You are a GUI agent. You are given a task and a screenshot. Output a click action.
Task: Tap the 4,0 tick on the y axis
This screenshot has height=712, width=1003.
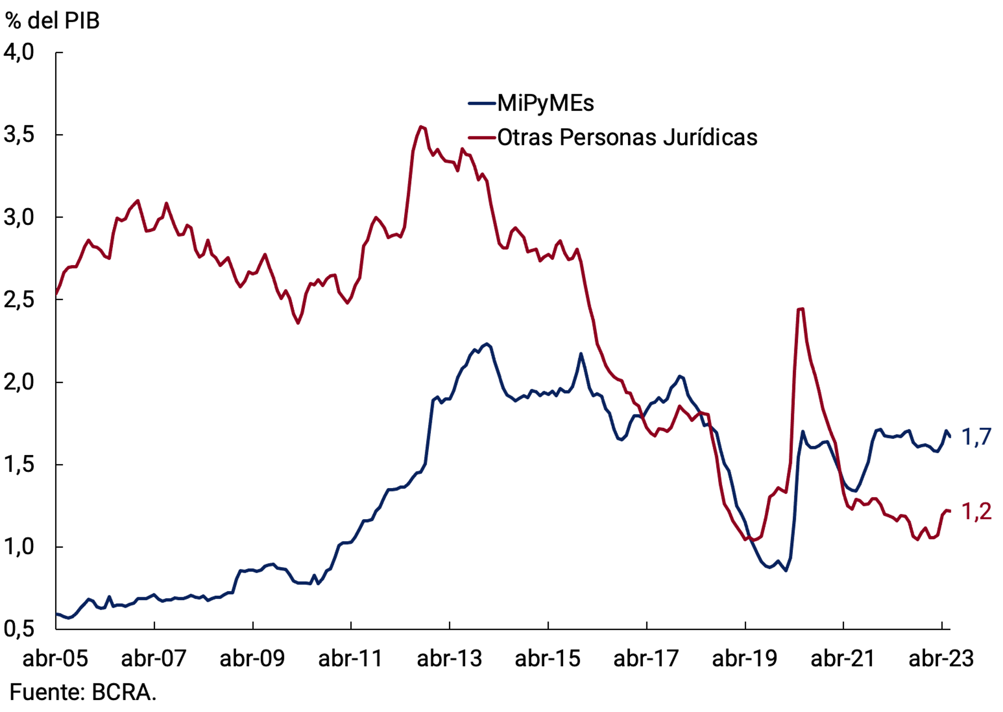click(x=19, y=52)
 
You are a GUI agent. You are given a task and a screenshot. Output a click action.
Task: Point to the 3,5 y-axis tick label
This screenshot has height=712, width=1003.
click(x=19, y=135)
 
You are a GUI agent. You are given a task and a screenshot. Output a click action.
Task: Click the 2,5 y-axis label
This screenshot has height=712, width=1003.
click(x=19, y=300)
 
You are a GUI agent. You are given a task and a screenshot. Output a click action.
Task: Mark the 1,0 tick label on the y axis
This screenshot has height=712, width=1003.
click(x=19, y=547)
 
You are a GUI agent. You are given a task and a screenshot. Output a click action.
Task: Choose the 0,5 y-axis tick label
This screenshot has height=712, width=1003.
click(x=19, y=629)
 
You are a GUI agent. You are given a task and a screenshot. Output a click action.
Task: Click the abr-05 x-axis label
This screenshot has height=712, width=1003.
click(x=55, y=658)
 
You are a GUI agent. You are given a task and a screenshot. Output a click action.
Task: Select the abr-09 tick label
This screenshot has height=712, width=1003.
click(x=252, y=658)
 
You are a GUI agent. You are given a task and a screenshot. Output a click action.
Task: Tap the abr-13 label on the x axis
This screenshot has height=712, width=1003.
click(x=449, y=658)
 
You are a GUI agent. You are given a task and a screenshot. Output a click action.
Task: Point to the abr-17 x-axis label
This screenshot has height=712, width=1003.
click(x=646, y=658)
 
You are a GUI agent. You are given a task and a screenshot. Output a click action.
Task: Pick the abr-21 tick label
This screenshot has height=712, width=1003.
click(x=843, y=658)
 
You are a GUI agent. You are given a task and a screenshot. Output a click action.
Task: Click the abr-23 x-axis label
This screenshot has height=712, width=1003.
click(x=941, y=658)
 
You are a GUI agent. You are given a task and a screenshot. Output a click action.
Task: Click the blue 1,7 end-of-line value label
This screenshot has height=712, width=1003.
click(x=976, y=437)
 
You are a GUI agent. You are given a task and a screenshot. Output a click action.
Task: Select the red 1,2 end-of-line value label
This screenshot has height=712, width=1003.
click(x=976, y=512)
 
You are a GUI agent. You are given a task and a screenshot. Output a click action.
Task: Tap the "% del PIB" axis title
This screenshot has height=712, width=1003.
click(x=52, y=21)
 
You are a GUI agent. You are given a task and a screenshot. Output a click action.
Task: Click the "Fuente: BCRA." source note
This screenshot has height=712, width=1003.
click(x=83, y=692)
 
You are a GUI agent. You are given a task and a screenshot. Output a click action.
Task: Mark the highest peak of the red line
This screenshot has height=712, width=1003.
click(x=421, y=126)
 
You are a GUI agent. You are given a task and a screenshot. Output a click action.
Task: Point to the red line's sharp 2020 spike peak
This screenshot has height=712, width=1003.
click(x=800, y=309)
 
